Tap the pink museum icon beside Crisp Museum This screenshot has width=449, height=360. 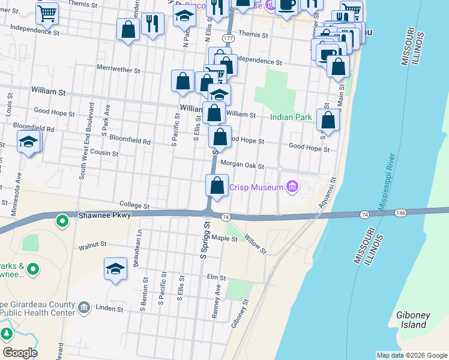(292, 187)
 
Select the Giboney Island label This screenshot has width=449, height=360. (411, 320)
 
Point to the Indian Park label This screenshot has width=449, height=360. (291, 117)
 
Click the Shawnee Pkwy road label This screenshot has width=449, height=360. (101, 214)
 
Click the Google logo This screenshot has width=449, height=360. (19, 352)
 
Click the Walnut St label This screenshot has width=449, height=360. (92, 245)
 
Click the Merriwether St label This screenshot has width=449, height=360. (118, 70)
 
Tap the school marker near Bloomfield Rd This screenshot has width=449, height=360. (28, 143)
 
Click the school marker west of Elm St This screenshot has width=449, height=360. (115, 268)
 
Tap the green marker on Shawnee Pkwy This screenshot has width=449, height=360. (62, 222)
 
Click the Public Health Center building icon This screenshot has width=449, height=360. (84, 308)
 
